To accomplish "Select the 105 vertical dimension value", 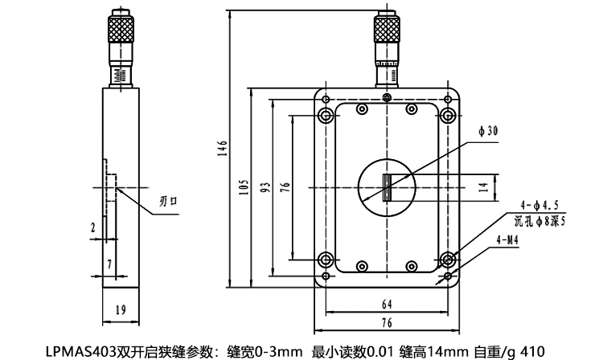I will (244, 187).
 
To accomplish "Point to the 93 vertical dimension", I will (264, 187).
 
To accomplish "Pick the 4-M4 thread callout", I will (507, 239).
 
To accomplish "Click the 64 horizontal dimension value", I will (387, 305).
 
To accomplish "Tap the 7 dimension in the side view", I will (109, 263).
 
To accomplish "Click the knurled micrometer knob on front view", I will (387, 31).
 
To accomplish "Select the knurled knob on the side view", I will (120, 31).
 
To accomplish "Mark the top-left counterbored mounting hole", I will (326, 115).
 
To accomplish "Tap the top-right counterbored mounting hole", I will (448, 115).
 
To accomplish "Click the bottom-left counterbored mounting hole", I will (326, 260).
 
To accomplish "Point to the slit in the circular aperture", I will (387, 186).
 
